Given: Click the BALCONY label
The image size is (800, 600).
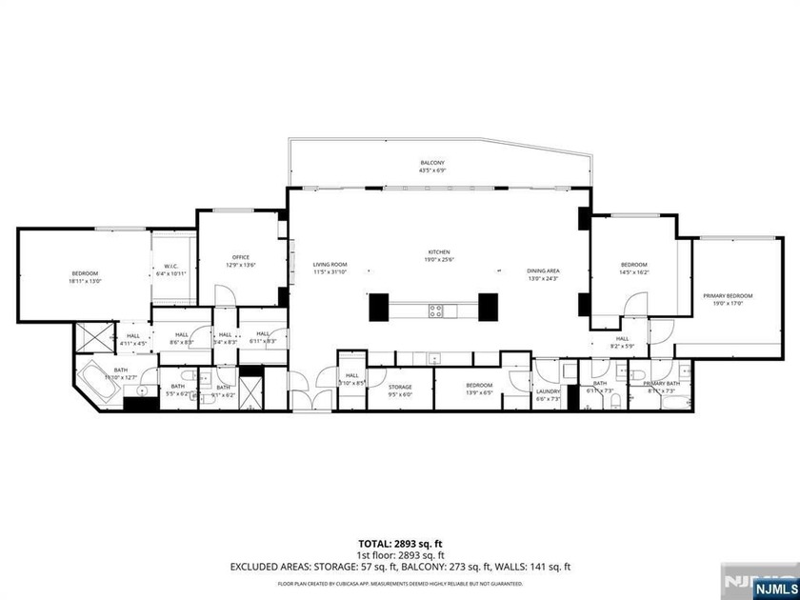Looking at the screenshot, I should coord(432,163).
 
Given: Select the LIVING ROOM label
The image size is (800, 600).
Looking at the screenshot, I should coord(331,265).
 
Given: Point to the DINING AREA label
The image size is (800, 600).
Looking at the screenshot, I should coord(543,270).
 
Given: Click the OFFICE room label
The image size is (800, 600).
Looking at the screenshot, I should coord(240,257).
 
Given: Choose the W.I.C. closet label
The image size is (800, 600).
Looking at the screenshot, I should coord(171,267).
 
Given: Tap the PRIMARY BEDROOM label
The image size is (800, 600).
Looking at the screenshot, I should coord(728,296).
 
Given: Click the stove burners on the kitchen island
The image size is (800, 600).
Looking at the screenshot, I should coord(435,309).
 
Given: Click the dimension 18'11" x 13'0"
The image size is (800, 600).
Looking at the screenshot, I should coord(84,281).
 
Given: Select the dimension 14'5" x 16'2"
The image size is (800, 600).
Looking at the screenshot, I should coord(633,272).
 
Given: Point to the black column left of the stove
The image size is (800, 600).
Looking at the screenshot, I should coord(378,307).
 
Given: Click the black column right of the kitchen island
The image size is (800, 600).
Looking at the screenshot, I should coord(489,307).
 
